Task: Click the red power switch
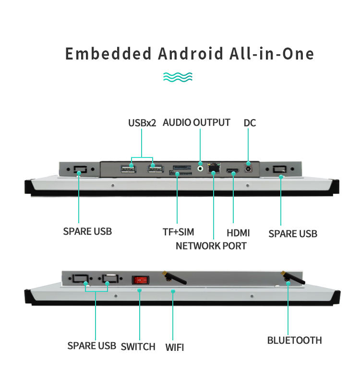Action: (x=140, y=280)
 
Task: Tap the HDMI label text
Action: (x=238, y=233)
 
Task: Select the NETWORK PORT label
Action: (x=211, y=246)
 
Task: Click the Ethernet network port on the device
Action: (x=214, y=168)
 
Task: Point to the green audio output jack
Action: (x=201, y=168)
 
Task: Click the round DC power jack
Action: (x=248, y=168)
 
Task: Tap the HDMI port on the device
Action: (x=233, y=170)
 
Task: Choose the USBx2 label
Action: (x=142, y=123)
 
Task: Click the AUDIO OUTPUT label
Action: (x=196, y=122)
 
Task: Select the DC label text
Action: (x=250, y=123)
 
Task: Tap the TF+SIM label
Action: (x=178, y=232)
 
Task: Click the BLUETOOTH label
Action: (x=295, y=340)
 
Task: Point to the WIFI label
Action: (x=174, y=348)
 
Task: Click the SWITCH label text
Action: (x=138, y=347)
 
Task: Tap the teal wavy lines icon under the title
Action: (x=178, y=77)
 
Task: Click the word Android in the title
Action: (x=191, y=54)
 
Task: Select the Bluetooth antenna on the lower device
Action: (x=293, y=277)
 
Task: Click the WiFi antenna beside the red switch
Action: (x=175, y=277)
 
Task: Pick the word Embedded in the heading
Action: (x=108, y=54)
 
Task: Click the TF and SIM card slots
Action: (x=181, y=170)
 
